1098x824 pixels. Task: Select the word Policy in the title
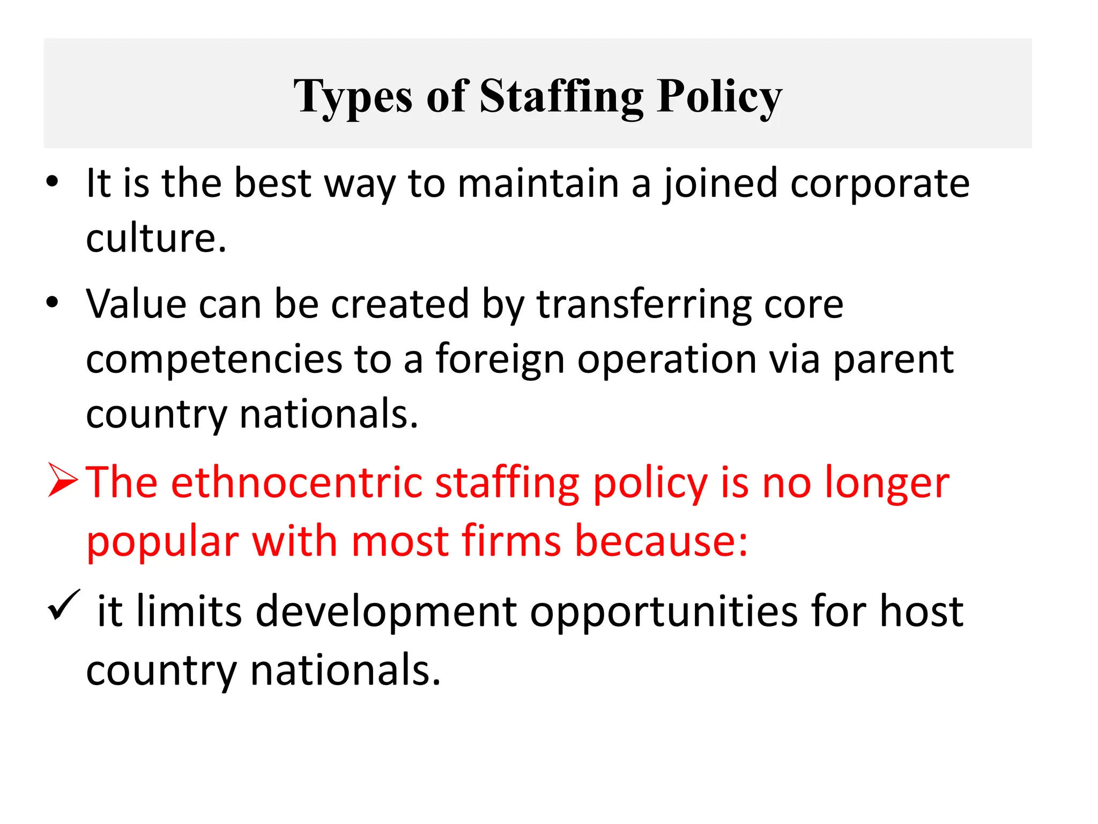tap(719, 97)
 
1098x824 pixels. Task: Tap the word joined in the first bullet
tap(720, 184)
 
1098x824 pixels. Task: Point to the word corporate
tap(880, 184)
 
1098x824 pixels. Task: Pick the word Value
tap(136, 304)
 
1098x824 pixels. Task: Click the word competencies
tap(214, 360)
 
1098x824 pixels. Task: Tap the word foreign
tap(500, 360)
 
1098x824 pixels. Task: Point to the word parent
tap(893, 360)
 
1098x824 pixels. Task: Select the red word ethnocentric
tap(297, 483)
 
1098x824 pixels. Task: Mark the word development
tap(387, 612)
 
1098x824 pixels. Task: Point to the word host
tap(922, 612)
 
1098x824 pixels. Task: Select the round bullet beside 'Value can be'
tap(52, 303)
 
